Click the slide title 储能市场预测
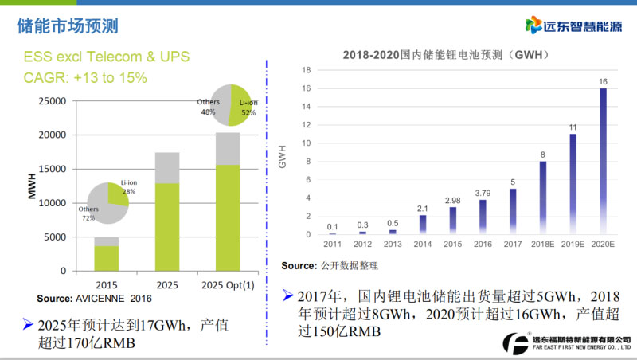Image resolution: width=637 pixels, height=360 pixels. (68, 25)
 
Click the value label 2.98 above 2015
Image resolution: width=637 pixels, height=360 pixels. (452, 199)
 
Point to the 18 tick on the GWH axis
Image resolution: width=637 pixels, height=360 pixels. (306, 70)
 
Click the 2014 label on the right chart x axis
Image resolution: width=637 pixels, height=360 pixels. (422, 245)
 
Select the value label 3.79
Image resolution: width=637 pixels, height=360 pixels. (483, 192)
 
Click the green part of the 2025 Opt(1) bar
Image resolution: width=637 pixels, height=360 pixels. (228, 217)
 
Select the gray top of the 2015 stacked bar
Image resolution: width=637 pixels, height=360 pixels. (106, 241)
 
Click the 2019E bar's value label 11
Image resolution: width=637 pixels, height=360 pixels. (573, 127)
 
